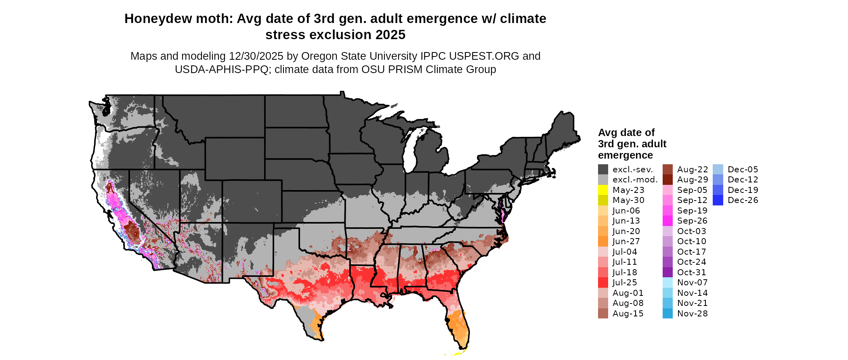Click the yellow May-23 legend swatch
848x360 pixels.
(603, 190)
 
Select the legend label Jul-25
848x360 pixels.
(624, 283)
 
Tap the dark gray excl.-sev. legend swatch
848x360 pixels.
(603, 170)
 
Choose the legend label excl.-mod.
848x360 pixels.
(635, 180)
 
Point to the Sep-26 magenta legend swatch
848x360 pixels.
(667, 221)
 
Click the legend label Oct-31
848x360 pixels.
(691, 272)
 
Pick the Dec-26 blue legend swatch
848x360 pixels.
(718, 200)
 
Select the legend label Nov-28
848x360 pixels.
(692, 314)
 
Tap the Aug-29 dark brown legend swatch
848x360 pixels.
(667, 180)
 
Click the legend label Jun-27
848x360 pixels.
(626, 241)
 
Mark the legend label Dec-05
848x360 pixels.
(743, 170)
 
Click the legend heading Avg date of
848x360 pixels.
(626, 132)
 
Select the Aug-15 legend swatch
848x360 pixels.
(603, 314)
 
